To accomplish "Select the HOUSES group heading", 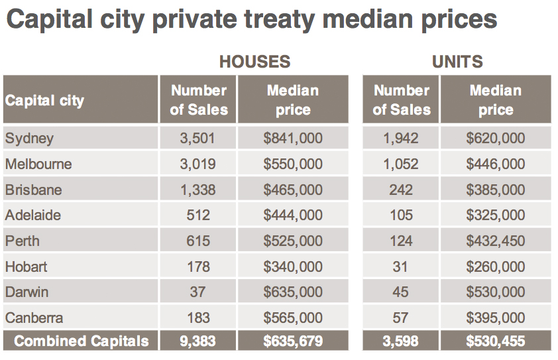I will click(x=255, y=62).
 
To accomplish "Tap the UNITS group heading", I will click(x=457, y=62).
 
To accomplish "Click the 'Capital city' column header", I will click(x=45, y=101).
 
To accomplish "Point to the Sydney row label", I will click(x=29, y=139).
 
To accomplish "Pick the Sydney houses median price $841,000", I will click(x=293, y=139).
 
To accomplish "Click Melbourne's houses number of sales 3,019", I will click(x=197, y=164).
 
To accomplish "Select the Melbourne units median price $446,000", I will click(x=495, y=164).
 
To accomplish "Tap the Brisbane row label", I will click(x=33, y=190).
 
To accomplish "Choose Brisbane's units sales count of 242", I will click(x=401, y=190).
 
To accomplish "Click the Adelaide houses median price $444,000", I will click(x=293, y=215).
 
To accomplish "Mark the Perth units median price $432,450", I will click(x=495, y=241).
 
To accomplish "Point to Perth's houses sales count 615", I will click(x=198, y=241).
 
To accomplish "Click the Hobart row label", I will click(x=27, y=267).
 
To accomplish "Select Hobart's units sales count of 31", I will click(x=401, y=267).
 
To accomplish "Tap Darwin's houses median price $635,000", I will click(x=293, y=292).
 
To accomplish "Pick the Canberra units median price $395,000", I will click(x=495, y=318).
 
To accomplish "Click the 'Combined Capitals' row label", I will click(x=82, y=341).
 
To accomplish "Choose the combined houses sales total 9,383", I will click(x=198, y=341).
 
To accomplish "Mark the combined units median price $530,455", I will click(x=495, y=341).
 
